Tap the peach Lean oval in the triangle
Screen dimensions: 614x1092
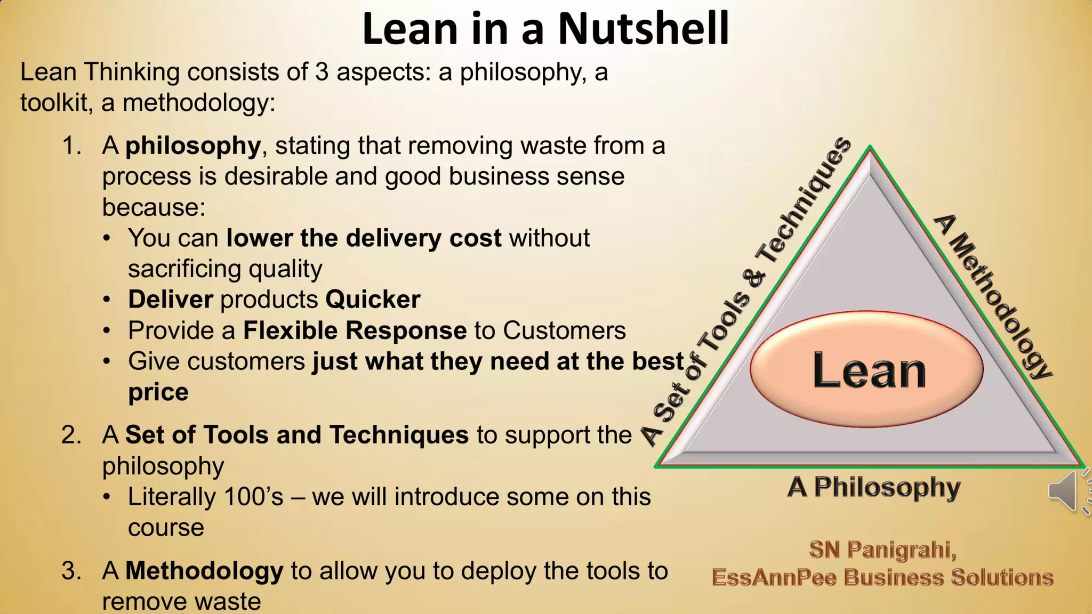pyautogui.click(x=867, y=369)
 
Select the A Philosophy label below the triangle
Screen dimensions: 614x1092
pyautogui.click(x=874, y=487)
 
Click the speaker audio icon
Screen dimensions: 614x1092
pyautogui.click(x=1064, y=491)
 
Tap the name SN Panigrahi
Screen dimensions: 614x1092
pyautogui.click(x=883, y=550)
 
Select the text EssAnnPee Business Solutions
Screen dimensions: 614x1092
pyautogui.click(x=882, y=578)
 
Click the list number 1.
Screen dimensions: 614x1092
pyautogui.click(x=71, y=146)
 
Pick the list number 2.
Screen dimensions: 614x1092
pyautogui.click(x=71, y=435)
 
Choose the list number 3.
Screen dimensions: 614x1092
pyautogui.click(x=71, y=571)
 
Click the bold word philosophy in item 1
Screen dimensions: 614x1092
pyautogui.click(x=193, y=146)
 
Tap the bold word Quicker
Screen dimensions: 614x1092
pyautogui.click(x=373, y=300)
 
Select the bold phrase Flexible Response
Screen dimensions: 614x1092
pyautogui.click(x=355, y=330)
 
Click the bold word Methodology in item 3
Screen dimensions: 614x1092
pyautogui.click(x=204, y=571)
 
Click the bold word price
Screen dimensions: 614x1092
pyautogui.click(x=158, y=393)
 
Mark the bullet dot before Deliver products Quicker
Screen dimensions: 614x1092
pyautogui.click(x=107, y=300)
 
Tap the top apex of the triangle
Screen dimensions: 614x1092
pyautogui.click(x=870, y=148)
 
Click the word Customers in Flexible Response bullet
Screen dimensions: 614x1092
pyautogui.click(x=564, y=330)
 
